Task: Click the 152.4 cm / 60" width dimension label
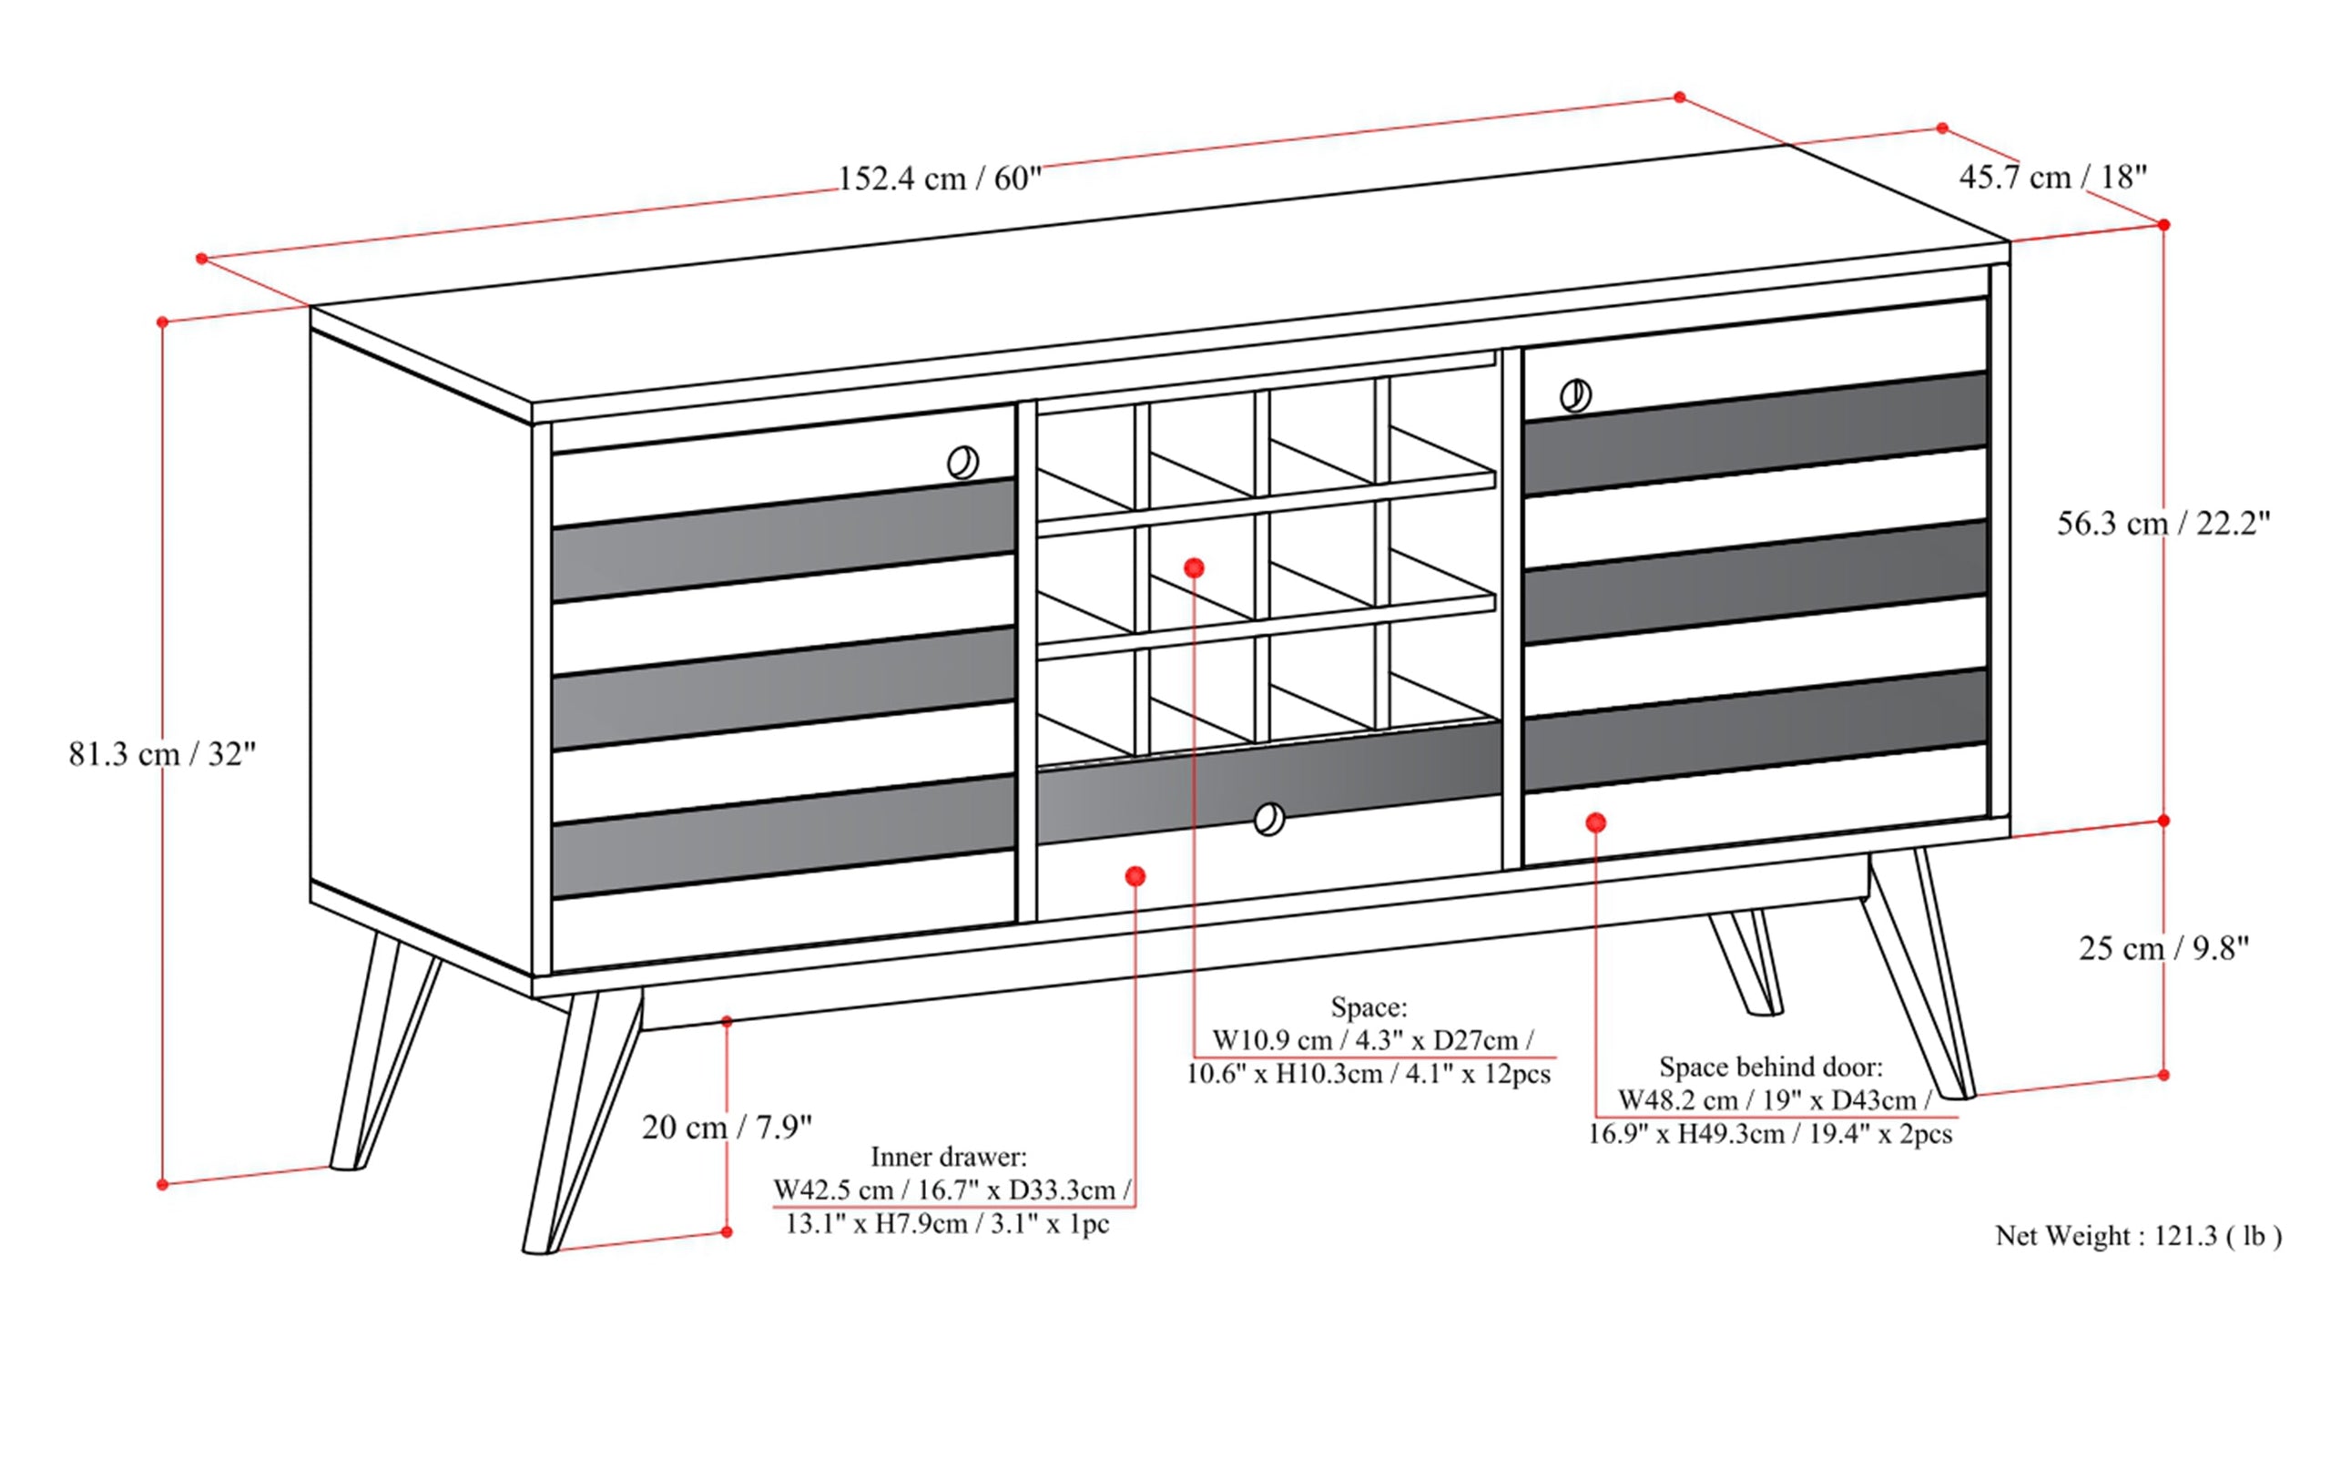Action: [939, 179]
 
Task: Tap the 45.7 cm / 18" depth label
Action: [2053, 177]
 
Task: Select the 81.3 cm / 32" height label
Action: [162, 753]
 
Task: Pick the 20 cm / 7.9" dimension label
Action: [727, 1127]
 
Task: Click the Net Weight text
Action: [2138, 1236]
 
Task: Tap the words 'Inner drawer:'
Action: [949, 1156]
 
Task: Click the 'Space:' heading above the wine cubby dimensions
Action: [1369, 1007]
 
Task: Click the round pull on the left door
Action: [962, 463]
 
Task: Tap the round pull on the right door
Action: [1575, 395]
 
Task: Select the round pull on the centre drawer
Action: [1269, 820]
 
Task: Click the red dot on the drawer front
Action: [1135, 876]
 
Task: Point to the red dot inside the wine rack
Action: [1194, 567]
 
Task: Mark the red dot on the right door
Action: [1595, 822]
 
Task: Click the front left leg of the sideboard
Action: [579, 1120]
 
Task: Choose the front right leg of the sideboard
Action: [1916, 975]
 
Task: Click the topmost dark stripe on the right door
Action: [1755, 434]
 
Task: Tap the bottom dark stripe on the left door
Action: [782, 835]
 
